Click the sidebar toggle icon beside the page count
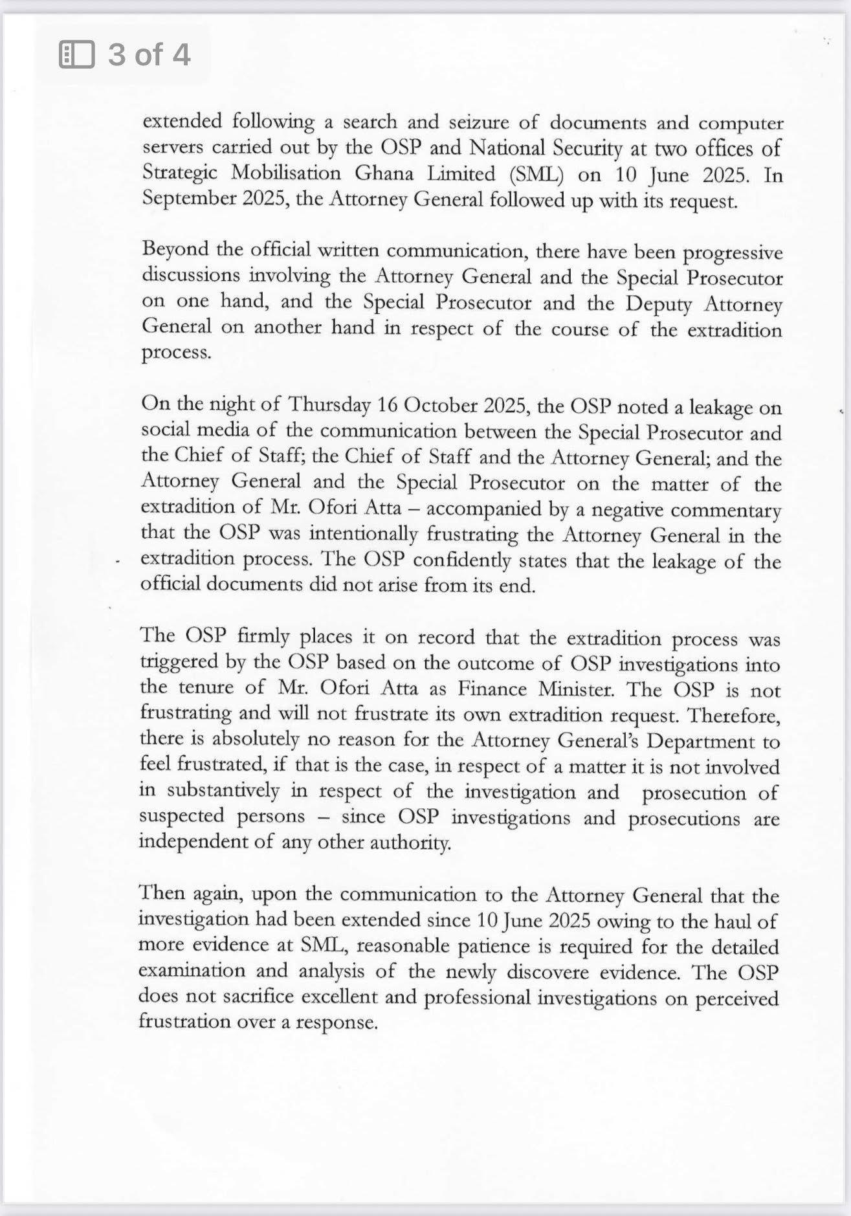pyautogui.click(x=76, y=54)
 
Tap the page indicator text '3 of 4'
pyautogui.click(x=149, y=54)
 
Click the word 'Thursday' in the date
pyautogui.click(x=329, y=405)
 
